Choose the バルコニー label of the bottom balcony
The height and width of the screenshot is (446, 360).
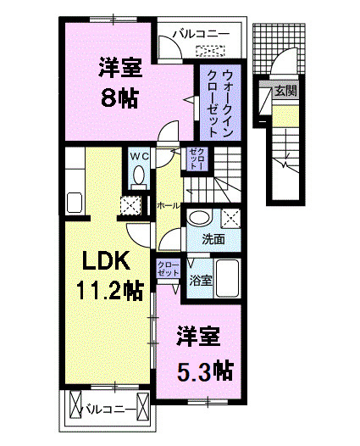click(x=109, y=410)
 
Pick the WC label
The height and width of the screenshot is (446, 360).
click(x=139, y=156)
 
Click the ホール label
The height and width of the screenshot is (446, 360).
click(x=167, y=205)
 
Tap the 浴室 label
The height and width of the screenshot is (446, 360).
click(x=201, y=278)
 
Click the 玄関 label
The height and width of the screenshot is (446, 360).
click(x=285, y=90)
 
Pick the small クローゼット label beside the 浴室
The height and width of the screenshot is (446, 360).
click(x=168, y=269)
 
